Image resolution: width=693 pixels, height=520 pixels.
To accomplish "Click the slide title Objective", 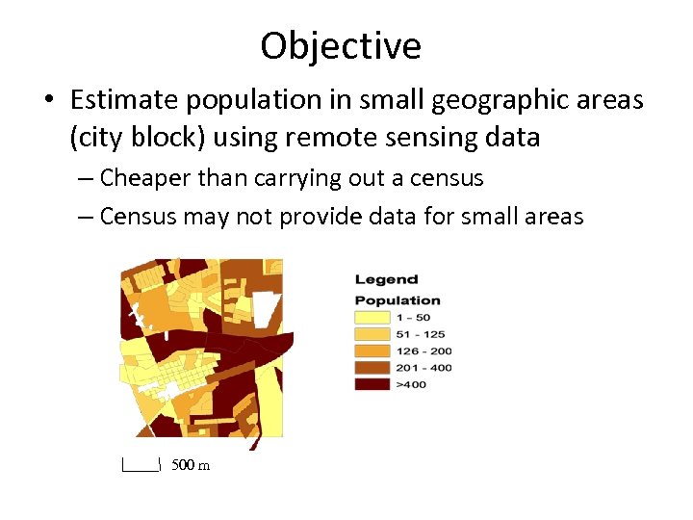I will point(341,46).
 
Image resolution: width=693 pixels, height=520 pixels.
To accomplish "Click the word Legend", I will point(386,279).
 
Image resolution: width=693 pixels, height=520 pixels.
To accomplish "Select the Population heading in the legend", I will point(398,300).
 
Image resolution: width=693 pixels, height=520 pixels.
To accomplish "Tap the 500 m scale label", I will point(191,466).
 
